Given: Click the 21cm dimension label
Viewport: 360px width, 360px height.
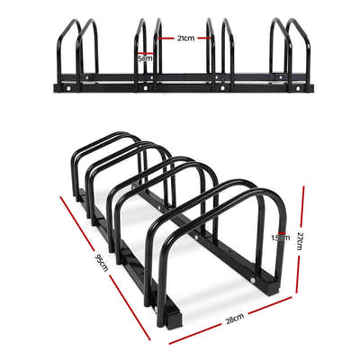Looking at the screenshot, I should (184, 38).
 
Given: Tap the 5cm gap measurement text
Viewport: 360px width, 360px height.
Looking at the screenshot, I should (144, 58).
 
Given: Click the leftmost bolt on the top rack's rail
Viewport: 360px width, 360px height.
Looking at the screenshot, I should (66, 88).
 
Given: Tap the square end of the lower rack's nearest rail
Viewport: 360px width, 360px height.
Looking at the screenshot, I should (170, 316).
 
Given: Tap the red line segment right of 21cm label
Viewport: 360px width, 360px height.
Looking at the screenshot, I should (203, 38).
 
